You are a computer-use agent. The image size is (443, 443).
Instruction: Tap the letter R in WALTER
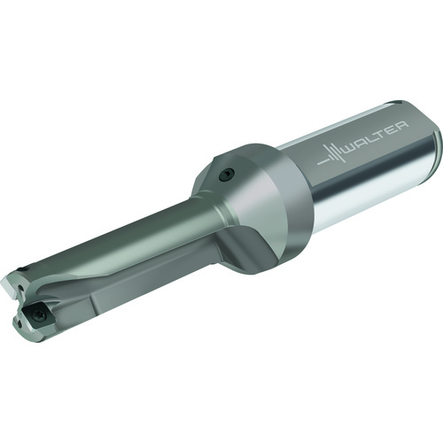[401, 125]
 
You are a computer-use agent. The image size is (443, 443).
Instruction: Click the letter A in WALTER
[362, 144]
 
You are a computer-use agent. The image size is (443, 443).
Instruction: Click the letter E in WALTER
[392, 129]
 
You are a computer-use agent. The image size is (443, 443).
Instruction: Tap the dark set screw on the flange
[227, 175]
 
